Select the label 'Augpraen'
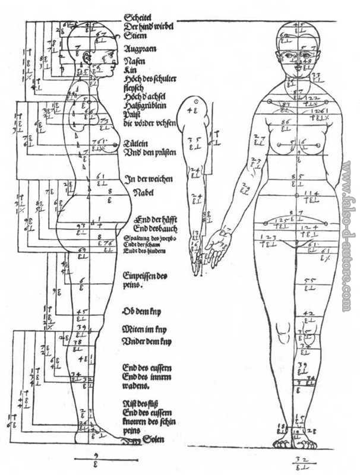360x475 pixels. [140, 49]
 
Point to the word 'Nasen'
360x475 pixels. [133, 61]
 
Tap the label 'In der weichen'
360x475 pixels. [146, 178]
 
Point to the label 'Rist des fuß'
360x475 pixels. [140, 404]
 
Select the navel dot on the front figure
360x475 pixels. [296, 195]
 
